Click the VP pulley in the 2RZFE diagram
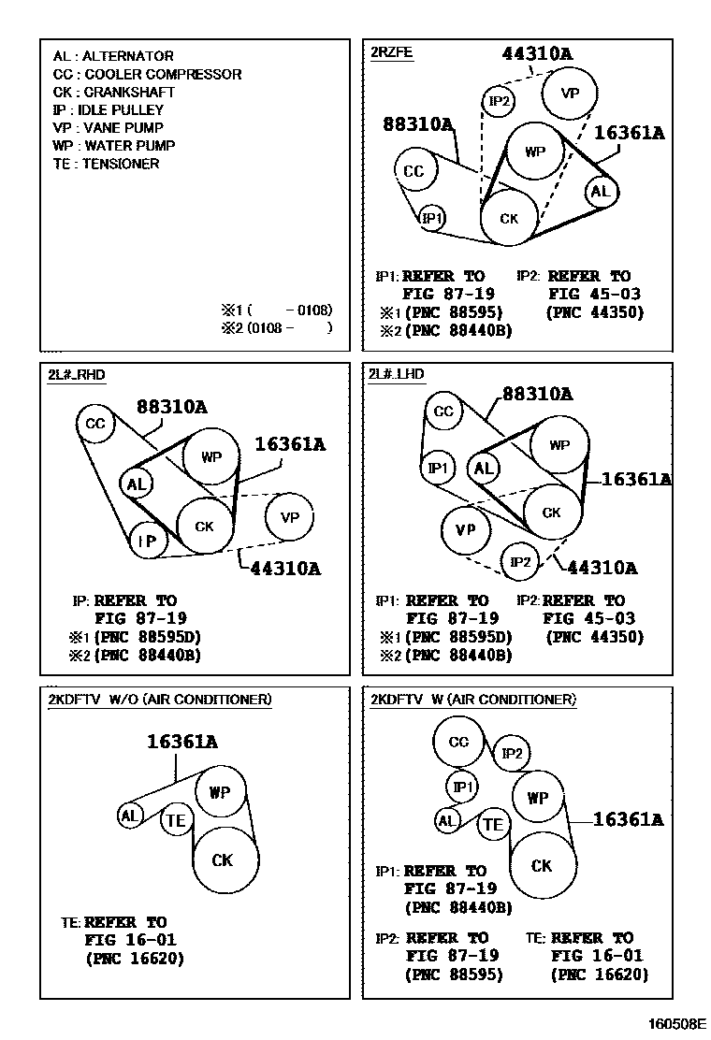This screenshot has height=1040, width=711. (x=569, y=93)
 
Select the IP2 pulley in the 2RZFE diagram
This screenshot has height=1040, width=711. (x=500, y=101)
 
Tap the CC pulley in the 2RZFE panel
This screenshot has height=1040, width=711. (x=414, y=171)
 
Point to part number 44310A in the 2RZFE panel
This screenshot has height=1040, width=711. (x=537, y=53)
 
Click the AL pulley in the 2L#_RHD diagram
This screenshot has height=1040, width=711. (x=137, y=484)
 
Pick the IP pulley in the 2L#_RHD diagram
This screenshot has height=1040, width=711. (x=147, y=541)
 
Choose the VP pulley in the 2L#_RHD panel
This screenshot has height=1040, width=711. (x=289, y=517)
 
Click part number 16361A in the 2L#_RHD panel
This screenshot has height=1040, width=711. (x=290, y=445)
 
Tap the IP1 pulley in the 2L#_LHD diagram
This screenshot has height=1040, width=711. (x=439, y=467)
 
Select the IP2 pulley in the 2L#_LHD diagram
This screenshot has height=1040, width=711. (x=521, y=562)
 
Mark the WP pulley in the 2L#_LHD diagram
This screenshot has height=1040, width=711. (x=559, y=445)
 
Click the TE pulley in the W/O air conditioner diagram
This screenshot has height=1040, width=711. (x=176, y=821)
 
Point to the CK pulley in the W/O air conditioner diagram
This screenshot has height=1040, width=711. (x=222, y=859)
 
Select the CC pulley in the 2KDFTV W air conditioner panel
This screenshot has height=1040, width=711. (x=458, y=742)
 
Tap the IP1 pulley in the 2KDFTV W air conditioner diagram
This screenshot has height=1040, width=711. (x=463, y=787)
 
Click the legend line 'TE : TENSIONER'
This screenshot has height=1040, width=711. (x=106, y=164)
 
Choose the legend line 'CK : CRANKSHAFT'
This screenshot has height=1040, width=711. (x=113, y=93)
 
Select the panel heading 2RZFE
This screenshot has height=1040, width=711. (x=391, y=52)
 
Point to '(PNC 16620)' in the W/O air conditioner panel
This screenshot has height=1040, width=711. (x=134, y=959)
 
